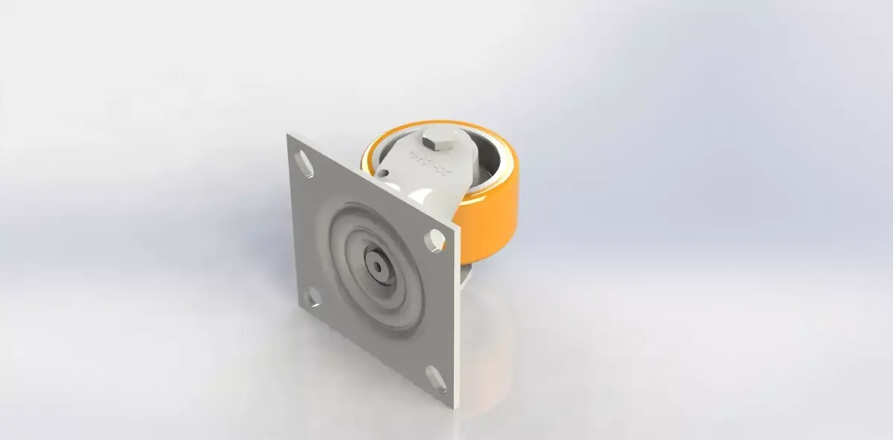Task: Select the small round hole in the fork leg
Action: point(384,174)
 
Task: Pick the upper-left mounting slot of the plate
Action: point(304,164)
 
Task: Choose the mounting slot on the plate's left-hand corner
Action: point(313,297)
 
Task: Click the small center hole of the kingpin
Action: point(375,265)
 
